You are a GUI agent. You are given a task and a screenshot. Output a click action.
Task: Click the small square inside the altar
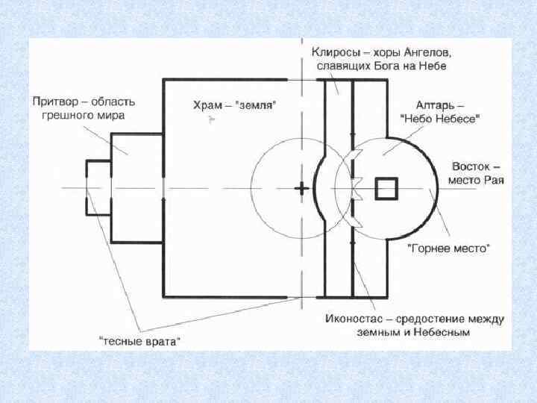(386, 188)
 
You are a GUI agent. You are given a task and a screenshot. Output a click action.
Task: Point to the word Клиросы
(333, 53)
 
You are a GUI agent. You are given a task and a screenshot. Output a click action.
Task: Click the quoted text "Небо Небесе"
(440, 118)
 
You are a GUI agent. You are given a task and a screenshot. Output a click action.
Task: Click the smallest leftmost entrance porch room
(98, 187)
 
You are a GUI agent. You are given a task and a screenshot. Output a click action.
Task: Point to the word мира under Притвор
(110, 115)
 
